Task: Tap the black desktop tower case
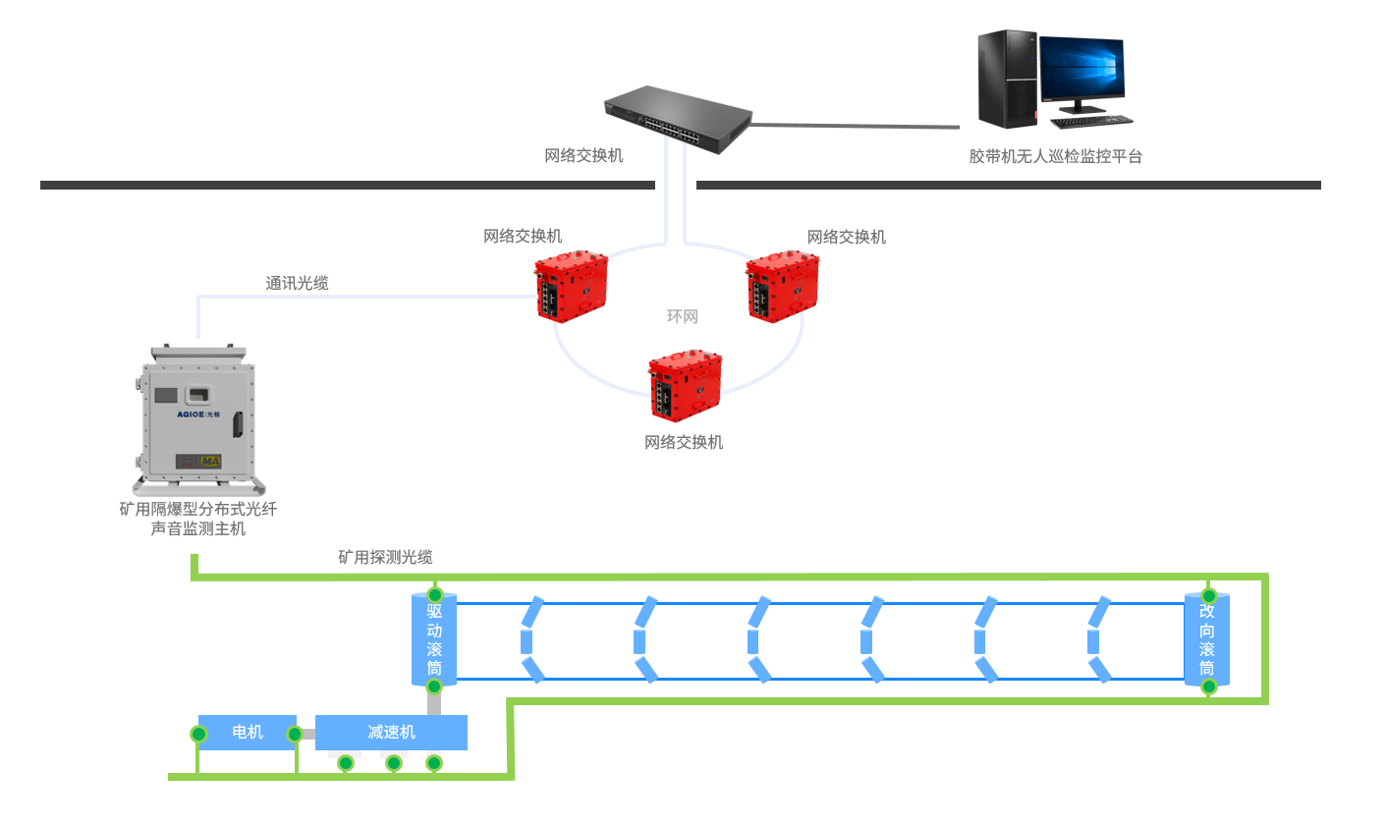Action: (x=1007, y=79)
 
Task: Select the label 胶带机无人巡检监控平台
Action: (x=1055, y=156)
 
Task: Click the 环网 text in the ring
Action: (x=682, y=316)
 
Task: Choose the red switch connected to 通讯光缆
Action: (x=572, y=286)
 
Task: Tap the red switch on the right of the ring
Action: (x=783, y=286)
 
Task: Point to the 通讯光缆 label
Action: (x=297, y=283)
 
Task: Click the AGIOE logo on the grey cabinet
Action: (x=191, y=414)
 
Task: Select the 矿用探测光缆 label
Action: (x=385, y=557)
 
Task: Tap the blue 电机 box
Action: (x=247, y=732)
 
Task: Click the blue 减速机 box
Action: (x=391, y=732)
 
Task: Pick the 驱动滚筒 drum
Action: (x=434, y=639)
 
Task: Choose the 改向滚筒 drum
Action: (x=1207, y=639)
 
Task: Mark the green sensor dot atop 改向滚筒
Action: (x=1209, y=596)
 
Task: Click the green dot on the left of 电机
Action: (x=199, y=734)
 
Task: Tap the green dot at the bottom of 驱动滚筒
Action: (x=434, y=686)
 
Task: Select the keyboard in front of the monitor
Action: (x=1091, y=122)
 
